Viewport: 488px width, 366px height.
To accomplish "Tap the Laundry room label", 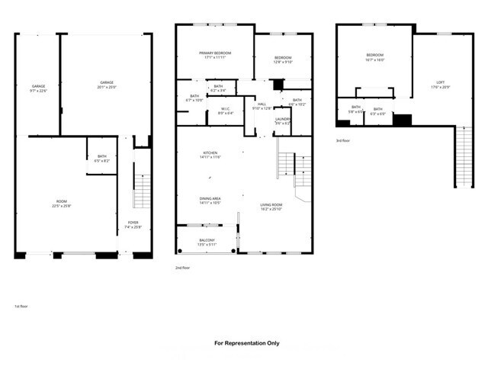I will point(283,120).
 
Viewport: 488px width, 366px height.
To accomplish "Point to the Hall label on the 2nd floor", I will point(261,106).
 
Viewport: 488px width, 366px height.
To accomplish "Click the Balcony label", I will point(207,242).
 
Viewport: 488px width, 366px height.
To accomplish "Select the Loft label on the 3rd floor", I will point(441,84).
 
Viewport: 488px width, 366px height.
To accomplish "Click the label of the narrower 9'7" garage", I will point(38,88).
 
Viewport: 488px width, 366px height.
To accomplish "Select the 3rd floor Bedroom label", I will point(374,57).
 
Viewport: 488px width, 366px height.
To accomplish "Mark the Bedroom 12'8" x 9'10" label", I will point(283,59).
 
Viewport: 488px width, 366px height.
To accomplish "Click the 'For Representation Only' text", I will point(247,343).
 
